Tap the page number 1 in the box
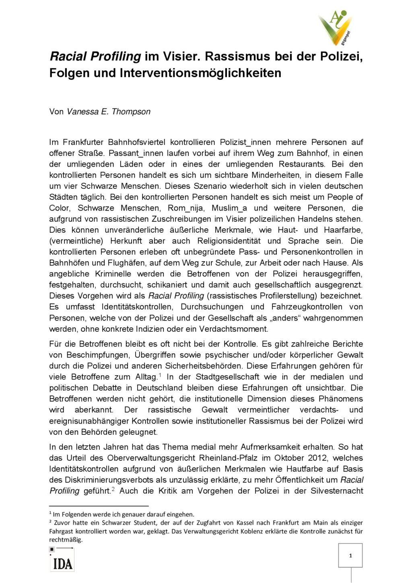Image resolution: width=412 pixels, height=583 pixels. (350, 556)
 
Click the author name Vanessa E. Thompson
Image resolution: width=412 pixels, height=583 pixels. (108, 112)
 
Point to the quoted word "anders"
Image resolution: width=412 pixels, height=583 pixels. (288, 318)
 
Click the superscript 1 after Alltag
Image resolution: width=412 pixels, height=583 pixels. (160, 375)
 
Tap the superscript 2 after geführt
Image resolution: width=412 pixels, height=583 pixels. (113, 489)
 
